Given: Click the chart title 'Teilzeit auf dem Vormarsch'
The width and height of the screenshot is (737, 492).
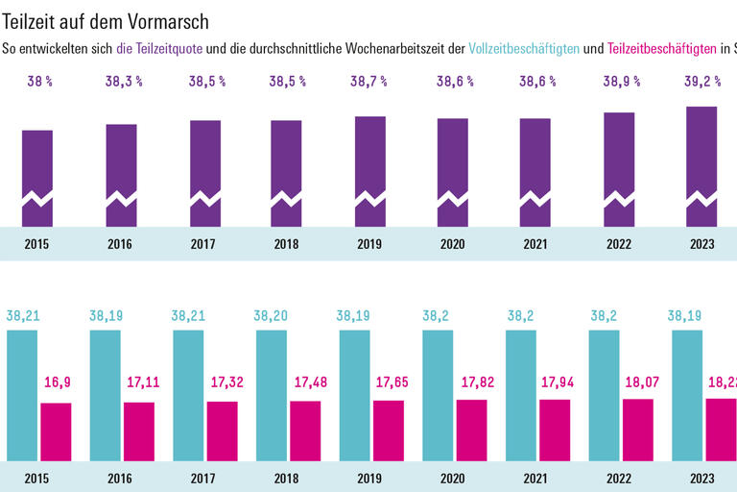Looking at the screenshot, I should click(x=106, y=20).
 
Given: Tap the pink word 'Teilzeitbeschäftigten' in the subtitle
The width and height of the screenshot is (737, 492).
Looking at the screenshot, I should click(x=662, y=48).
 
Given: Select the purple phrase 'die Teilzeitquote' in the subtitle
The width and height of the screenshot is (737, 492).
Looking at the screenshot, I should click(x=159, y=48).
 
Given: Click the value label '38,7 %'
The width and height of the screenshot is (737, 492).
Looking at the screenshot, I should click(x=369, y=82).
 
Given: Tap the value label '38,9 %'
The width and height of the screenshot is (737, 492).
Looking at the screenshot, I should click(x=620, y=82).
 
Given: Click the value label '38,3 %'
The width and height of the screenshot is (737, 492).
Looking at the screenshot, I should click(x=123, y=82).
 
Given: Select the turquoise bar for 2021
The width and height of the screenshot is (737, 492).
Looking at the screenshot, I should click(x=521, y=395).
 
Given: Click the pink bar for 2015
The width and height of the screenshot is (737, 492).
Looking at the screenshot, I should click(x=57, y=431).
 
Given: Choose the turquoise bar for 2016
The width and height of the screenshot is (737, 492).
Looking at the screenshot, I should click(x=106, y=395).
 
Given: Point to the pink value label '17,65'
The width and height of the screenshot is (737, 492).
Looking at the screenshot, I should click(x=389, y=382).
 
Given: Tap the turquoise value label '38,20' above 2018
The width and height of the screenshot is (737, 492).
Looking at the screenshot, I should click(x=271, y=314).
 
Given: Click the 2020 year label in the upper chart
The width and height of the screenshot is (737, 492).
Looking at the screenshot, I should click(x=452, y=244).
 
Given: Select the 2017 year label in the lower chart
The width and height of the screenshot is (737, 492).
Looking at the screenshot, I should click(x=202, y=478).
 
